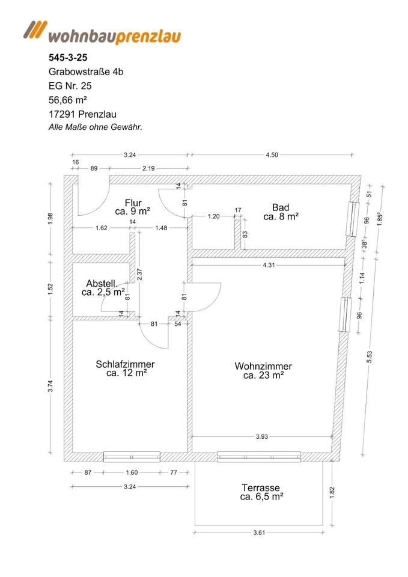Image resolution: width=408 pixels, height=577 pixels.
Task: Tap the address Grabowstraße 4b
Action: (x=86, y=72)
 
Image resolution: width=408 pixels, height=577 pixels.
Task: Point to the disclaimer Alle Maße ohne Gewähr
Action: (x=95, y=127)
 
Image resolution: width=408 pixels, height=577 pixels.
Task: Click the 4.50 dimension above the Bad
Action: (x=272, y=154)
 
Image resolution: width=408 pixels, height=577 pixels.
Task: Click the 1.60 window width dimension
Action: (x=131, y=472)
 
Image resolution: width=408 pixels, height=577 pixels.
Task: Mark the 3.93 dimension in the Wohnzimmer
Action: (x=261, y=436)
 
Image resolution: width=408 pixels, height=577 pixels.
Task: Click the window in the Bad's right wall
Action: (x=353, y=219)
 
